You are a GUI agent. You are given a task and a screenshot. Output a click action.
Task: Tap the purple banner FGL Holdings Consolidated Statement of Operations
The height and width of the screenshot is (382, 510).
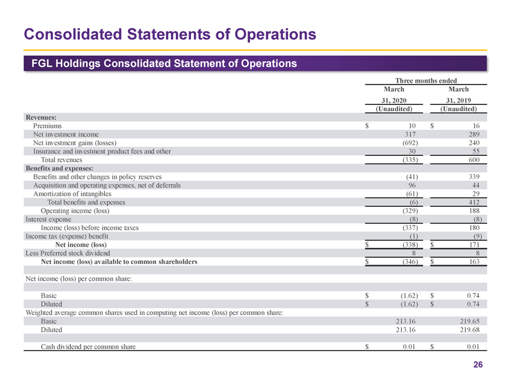(x=160, y=64)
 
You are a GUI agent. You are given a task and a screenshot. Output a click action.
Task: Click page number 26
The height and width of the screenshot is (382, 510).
(x=478, y=365)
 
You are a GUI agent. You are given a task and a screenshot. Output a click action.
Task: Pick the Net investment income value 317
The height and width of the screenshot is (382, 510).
(x=410, y=134)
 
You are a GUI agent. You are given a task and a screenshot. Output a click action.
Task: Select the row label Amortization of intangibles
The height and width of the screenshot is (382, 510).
(x=73, y=194)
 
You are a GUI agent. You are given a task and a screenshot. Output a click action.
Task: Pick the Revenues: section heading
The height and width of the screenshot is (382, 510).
(x=40, y=116)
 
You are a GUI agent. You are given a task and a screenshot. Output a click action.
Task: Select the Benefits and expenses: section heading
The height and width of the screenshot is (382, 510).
(x=59, y=168)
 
